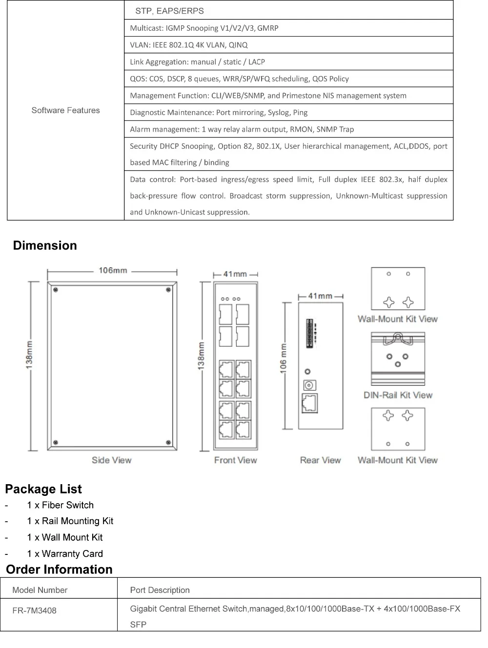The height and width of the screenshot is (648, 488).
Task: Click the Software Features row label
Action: click(x=65, y=110)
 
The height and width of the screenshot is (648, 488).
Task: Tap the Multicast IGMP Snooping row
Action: click(x=204, y=28)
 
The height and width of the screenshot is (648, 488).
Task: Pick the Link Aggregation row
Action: click(x=197, y=62)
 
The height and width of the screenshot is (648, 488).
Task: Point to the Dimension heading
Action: click(x=45, y=245)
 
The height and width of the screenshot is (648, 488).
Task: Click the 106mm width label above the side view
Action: click(x=113, y=270)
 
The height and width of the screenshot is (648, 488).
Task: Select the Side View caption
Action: click(x=111, y=460)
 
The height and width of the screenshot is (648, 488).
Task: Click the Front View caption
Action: click(x=235, y=460)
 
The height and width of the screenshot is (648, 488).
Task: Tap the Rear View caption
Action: click(x=320, y=460)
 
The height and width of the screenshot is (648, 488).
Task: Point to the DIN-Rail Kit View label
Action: click(x=398, y=395)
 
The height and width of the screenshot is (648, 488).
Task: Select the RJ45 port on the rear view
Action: click(x=309, y=403)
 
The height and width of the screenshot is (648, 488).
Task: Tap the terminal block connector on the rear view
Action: click(x=309, y=334)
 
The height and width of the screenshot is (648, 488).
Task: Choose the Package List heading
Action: click(x=43, y=489)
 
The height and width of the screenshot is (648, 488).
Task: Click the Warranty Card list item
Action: click(x=65, y=553)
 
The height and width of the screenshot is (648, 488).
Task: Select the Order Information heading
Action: click(x=59, y=569)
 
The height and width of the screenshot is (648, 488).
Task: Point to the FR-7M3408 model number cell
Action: click(x=34, y=610)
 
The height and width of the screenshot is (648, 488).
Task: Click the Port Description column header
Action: click(x=160, y=590)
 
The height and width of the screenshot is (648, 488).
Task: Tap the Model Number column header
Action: click(x=40, y=590)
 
